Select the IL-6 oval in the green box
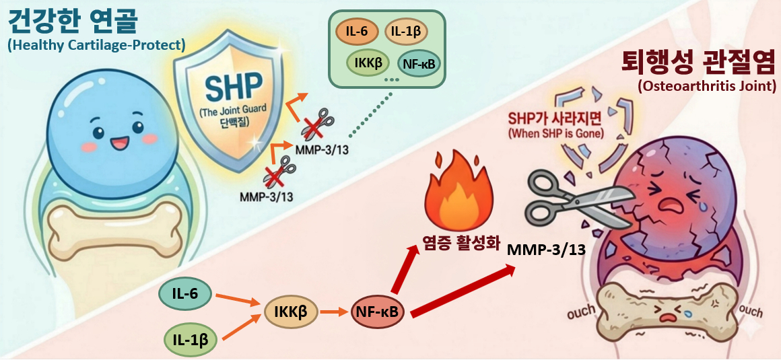coord(355,32)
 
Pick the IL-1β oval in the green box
coord(406,32)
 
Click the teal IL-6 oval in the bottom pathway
coord(185,295)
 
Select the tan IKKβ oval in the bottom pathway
coord(291,312)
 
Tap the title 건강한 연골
coord(72,22)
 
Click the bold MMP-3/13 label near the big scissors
coord(546,250)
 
